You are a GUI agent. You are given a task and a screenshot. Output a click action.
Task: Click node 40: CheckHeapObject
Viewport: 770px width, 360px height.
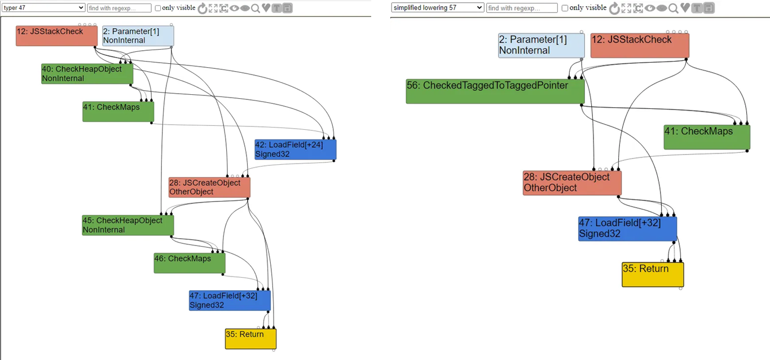click(x=87, y=74)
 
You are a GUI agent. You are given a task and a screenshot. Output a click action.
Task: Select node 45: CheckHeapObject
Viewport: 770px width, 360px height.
click(x=128, y=225)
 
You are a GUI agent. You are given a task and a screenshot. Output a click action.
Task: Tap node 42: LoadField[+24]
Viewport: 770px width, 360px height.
click(x=295, y=150)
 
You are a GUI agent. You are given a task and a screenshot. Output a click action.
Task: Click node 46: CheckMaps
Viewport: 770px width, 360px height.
click(x=190, y=263)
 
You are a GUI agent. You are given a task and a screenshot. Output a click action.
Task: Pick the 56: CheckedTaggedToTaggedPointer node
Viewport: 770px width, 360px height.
click(x=495, y=91)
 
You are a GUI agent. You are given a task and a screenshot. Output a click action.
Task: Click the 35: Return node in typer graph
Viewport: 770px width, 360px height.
click(x=250, y=339)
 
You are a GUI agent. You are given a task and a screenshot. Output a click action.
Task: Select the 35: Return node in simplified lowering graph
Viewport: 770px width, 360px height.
click(x=653, y=274)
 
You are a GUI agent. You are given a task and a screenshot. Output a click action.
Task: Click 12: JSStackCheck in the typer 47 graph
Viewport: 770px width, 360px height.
click(x=56, y=36)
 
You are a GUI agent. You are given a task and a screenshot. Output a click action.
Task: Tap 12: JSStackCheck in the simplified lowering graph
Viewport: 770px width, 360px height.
click(x=639, y=45)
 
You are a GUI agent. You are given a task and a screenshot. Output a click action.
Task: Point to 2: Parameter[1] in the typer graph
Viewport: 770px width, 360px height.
click(x=138, y=36)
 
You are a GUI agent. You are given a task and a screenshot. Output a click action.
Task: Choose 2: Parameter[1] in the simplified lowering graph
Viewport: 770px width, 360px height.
click(x=541, y=45)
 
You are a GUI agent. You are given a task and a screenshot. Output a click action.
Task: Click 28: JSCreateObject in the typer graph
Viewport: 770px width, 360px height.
click(x=209, y=187)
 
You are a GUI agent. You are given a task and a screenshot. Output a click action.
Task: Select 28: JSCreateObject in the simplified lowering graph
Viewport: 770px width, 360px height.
click(x=572, y=182)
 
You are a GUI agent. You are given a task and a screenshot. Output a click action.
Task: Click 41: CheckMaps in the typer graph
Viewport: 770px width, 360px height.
click(x=118, y=112)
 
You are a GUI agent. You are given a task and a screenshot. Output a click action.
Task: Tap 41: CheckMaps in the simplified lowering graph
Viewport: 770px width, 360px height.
click(x=707, y=137)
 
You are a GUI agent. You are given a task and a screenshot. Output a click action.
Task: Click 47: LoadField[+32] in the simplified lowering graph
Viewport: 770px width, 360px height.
click(x=627, y=229)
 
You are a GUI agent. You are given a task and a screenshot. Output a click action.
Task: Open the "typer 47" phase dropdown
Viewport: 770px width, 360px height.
click(x=43, y=7)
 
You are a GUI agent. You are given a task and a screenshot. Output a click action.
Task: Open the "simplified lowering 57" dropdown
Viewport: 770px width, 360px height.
click(x=438, y=7)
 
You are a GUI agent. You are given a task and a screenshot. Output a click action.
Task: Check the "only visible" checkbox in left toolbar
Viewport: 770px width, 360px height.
click(x=158, y=8)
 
